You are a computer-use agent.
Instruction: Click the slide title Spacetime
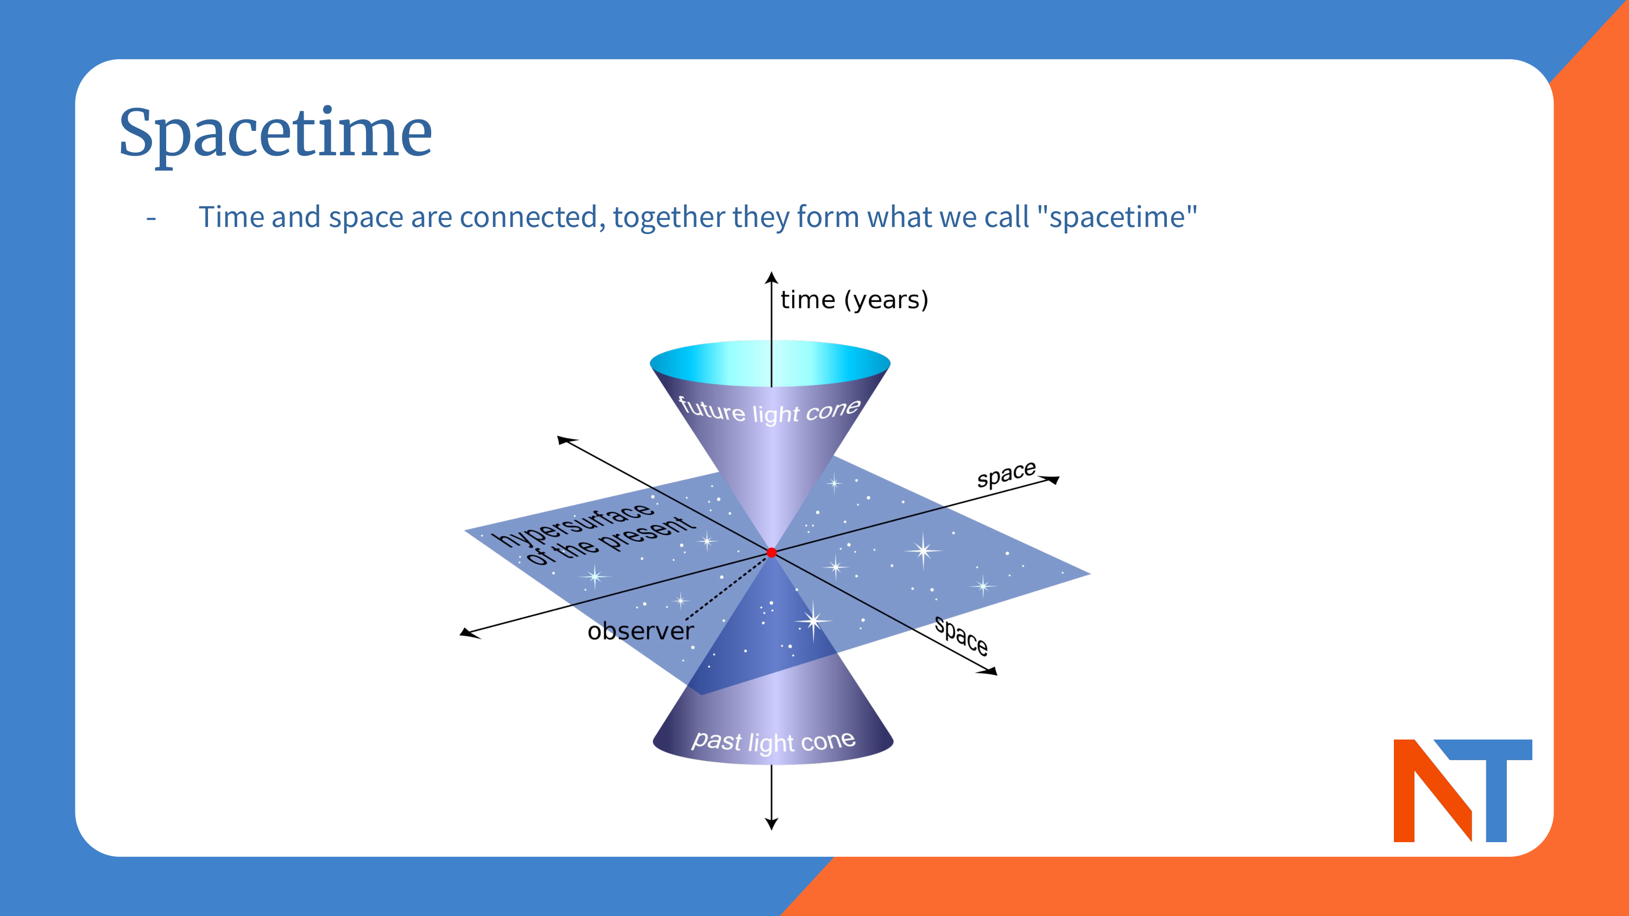pos(275,134)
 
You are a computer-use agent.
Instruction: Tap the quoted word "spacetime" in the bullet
pos(1117,217)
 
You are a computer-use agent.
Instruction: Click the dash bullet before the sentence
pos(151,219)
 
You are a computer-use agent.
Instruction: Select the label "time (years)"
pos(854,300)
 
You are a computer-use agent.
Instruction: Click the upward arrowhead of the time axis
pos(771,277)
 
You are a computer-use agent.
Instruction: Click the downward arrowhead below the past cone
pos(771,824)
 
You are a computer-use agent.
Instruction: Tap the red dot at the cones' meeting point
pos(772,553)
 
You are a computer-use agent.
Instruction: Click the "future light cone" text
pos(769,411)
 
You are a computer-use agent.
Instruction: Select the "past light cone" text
pos(773,741)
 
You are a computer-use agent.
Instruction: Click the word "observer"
pos(640,631)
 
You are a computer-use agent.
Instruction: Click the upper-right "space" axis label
pos(1006,474)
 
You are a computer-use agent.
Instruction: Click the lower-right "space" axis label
pos(961,636)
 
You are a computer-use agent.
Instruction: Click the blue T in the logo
pos(1496,784)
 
